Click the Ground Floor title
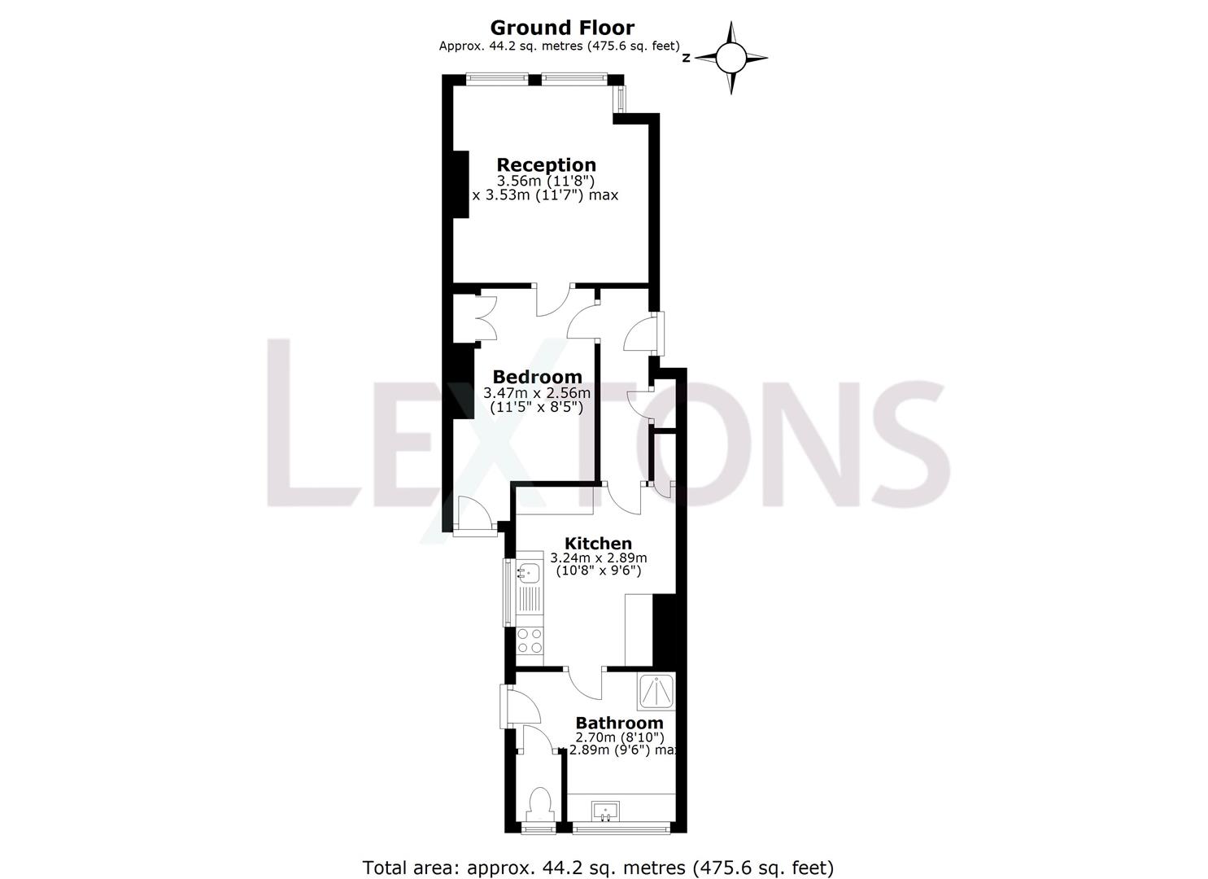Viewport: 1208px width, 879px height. point(561,28)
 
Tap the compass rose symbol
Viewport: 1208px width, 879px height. point(730,58)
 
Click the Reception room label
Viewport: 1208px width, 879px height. point(546,165)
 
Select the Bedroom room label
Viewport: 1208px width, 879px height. point(537,377)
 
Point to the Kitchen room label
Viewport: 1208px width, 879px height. point(598,543)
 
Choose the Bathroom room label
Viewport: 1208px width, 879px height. point(619,723)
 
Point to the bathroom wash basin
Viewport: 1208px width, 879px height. point(604,811)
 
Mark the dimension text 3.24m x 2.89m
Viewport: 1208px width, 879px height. point(598,558)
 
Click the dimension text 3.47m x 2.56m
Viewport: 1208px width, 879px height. point(537,392)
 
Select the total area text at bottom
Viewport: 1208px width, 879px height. point(598,868)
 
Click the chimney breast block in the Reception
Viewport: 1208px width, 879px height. point(460,185)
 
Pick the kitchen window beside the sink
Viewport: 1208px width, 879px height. point(509,593)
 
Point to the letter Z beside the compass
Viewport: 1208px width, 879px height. point(687,58)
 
